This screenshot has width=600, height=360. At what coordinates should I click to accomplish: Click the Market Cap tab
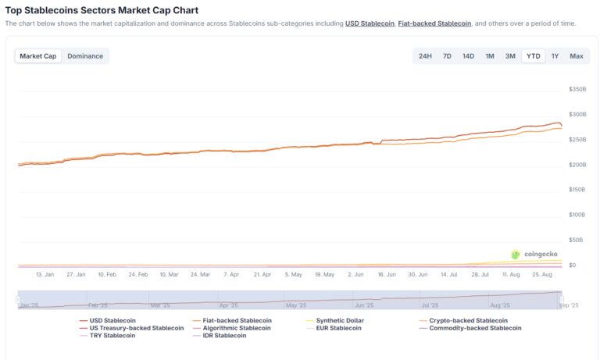click(x=38, y=56)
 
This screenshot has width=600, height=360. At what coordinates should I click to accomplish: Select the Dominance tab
click(x=85, y=56)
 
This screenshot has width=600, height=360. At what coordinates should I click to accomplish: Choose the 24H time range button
click(x=425, y=56)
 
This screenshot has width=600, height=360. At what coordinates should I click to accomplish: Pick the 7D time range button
click(x=447, y=56)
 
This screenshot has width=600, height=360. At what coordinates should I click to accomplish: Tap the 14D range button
click(x=468, y=56)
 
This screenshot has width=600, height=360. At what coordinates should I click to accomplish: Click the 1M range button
click(x=490, y=56)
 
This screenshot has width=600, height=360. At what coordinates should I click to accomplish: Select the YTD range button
click(x=534, y=56)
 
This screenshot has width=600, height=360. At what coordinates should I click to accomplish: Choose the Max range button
click(x=577, y=56)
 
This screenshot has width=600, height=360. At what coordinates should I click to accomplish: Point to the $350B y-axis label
click(x=577, y=90)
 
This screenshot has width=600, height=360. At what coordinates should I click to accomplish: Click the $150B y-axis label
click(x=577, y=190)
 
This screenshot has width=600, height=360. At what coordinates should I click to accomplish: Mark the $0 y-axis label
click(x=573, y=266)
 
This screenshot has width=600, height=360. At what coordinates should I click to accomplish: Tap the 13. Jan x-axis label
click(x=45, y=275)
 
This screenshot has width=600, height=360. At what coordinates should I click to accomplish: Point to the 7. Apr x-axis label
click(x=231, y=275)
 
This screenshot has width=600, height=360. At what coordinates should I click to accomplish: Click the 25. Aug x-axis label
click(x=542, y=275)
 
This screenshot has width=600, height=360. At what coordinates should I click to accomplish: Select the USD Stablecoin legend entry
click(x=112, y=321)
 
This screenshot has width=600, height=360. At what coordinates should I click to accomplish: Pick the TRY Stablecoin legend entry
click(x=112, y=336)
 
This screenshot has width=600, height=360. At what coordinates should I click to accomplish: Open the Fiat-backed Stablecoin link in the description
click(x=434, y=23)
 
